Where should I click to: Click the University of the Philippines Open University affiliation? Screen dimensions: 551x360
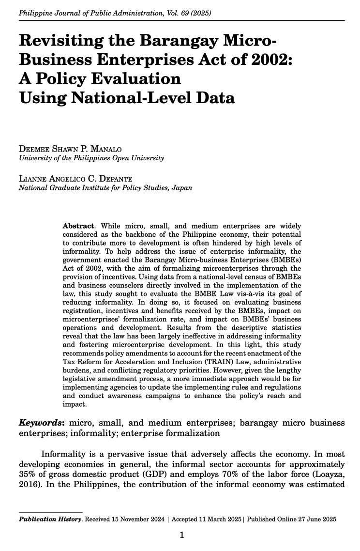coord(91,158)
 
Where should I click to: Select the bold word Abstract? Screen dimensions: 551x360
coord(78,226)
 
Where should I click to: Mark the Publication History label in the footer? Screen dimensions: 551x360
coord(50,519)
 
